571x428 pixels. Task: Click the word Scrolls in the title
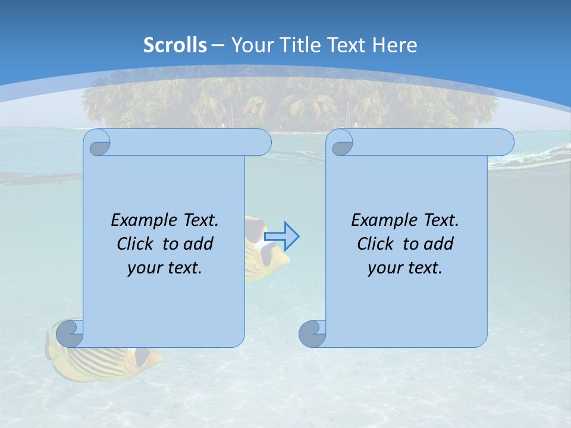click(x=175, y=45)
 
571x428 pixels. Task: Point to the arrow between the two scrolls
click(x=282, y=236)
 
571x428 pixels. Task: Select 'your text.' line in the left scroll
click(x=165, y=267)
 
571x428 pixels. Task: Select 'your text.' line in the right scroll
click(x=405, y=267)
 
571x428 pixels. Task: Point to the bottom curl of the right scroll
click(x=312, y=333)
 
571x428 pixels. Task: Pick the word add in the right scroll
click(x=439, y=244)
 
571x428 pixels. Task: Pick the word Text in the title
click(x=346, y=45)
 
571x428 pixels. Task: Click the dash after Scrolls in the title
click(x=218, y=45)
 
